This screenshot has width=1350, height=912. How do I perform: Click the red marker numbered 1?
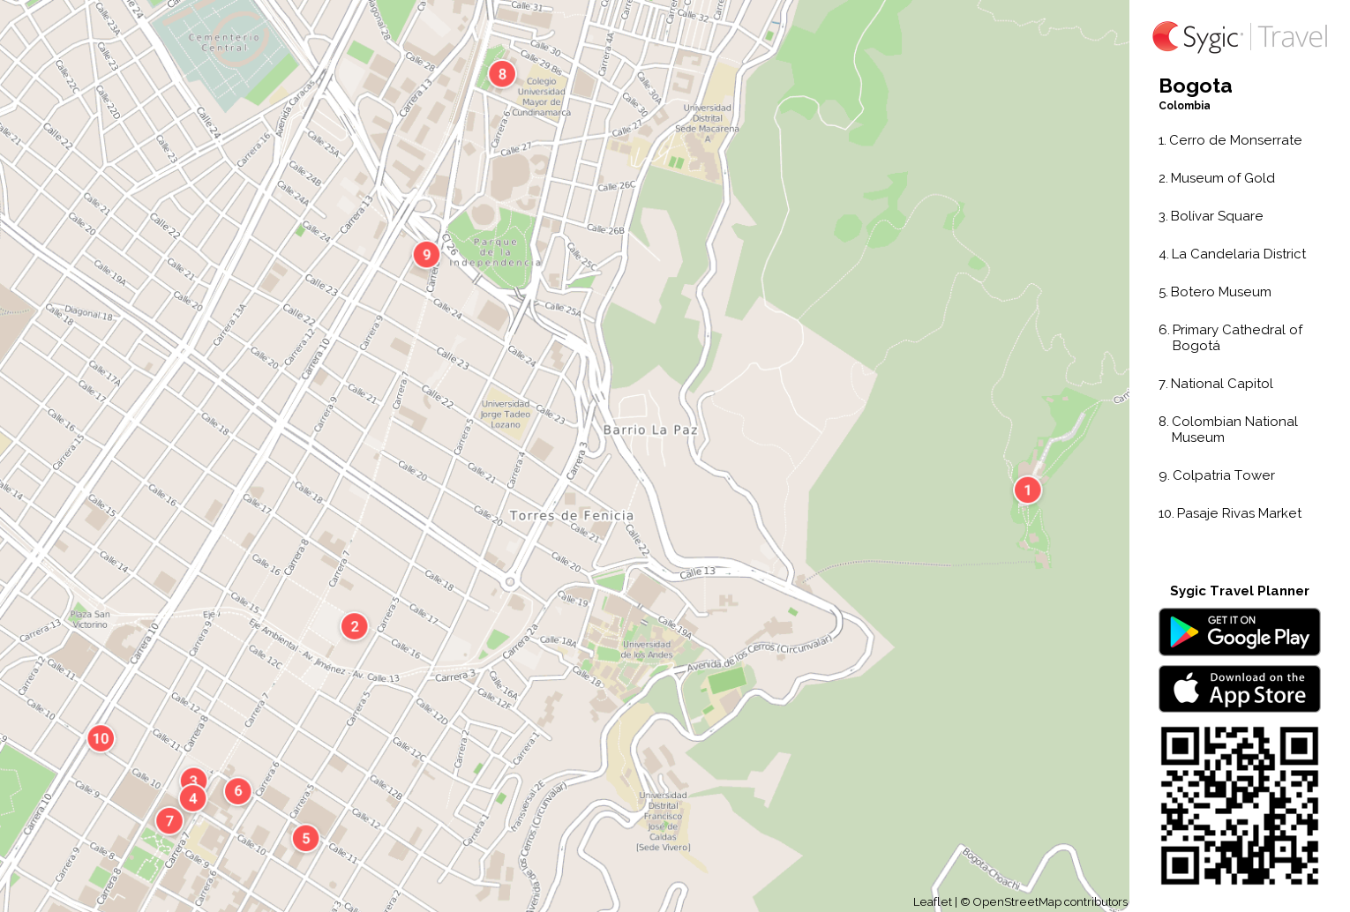1027,490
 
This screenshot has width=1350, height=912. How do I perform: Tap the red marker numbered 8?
502,74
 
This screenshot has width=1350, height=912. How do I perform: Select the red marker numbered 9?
426,255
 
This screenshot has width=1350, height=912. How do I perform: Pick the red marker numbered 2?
355,626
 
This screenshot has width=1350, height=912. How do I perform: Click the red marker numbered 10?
101,738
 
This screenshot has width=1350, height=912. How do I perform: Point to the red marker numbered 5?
306,838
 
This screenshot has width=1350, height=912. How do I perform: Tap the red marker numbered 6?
238,791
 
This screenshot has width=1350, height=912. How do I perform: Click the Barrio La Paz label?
650,430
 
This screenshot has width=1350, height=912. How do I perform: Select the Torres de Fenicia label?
572,516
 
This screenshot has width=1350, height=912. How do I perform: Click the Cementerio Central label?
224,42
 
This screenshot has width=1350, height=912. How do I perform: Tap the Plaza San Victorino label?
90,619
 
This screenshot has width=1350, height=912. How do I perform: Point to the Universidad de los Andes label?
646,650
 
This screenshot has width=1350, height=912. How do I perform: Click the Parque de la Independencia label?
495,252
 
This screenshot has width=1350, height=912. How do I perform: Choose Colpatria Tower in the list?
1223,475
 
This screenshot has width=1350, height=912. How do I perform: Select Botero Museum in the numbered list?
1220,292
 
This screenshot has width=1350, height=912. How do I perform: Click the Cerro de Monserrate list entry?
1234,140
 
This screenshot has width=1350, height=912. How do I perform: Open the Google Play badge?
1239,632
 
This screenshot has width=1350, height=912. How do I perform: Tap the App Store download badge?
1239,689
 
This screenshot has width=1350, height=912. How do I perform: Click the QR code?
1239,805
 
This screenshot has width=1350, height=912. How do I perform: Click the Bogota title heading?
1195,86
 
